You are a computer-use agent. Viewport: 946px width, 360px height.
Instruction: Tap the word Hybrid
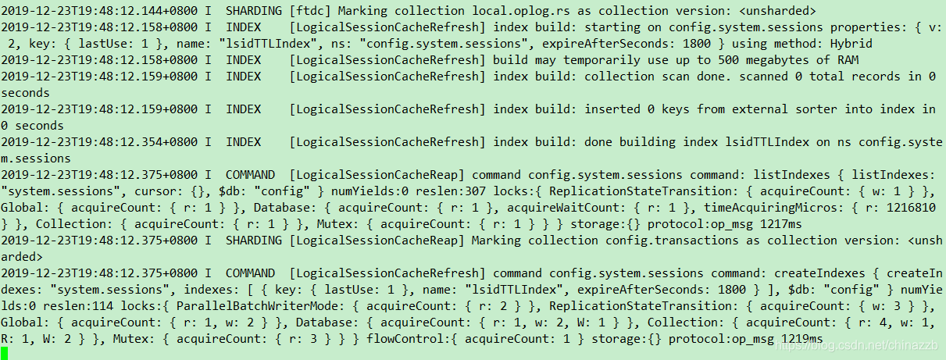pyautogui.click(x=851, y=43)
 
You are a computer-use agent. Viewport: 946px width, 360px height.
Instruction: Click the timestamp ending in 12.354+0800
pyautogui.click(x=99, y=141)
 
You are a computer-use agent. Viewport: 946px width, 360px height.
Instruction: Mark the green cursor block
pyautogui.click(x=5, y=353)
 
